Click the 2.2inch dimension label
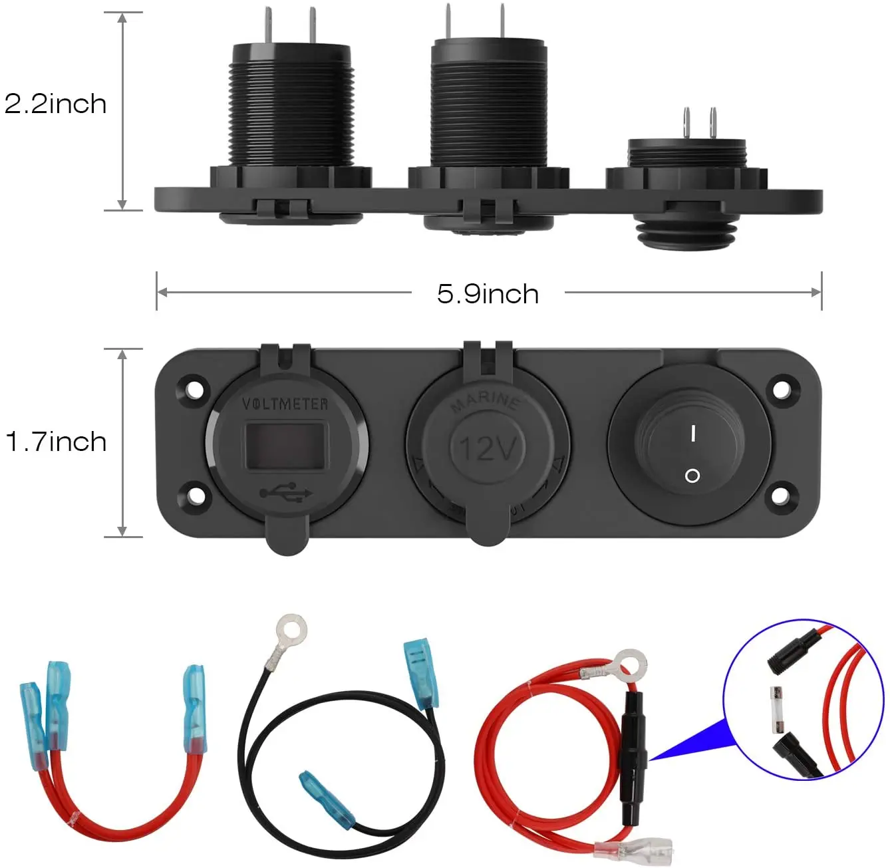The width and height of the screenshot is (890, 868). (55, 104)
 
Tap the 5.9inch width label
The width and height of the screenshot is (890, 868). (488, 294)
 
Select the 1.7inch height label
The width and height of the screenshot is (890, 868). (56, 442)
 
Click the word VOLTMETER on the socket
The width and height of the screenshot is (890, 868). (285, 404)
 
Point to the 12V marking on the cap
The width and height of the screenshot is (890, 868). (488, 448)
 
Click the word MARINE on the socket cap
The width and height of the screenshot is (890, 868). (486, 401)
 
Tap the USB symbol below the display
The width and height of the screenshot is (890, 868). (286, 493)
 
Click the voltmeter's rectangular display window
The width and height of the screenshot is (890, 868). (285, 446)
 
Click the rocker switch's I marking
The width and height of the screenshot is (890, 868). (692, 434)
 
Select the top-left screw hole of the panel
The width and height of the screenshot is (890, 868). (194, 388)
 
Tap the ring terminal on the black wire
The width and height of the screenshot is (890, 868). (291, 631)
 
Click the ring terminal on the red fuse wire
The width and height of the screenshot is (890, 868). (629, 663)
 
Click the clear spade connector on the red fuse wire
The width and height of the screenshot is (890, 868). (633, 849)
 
